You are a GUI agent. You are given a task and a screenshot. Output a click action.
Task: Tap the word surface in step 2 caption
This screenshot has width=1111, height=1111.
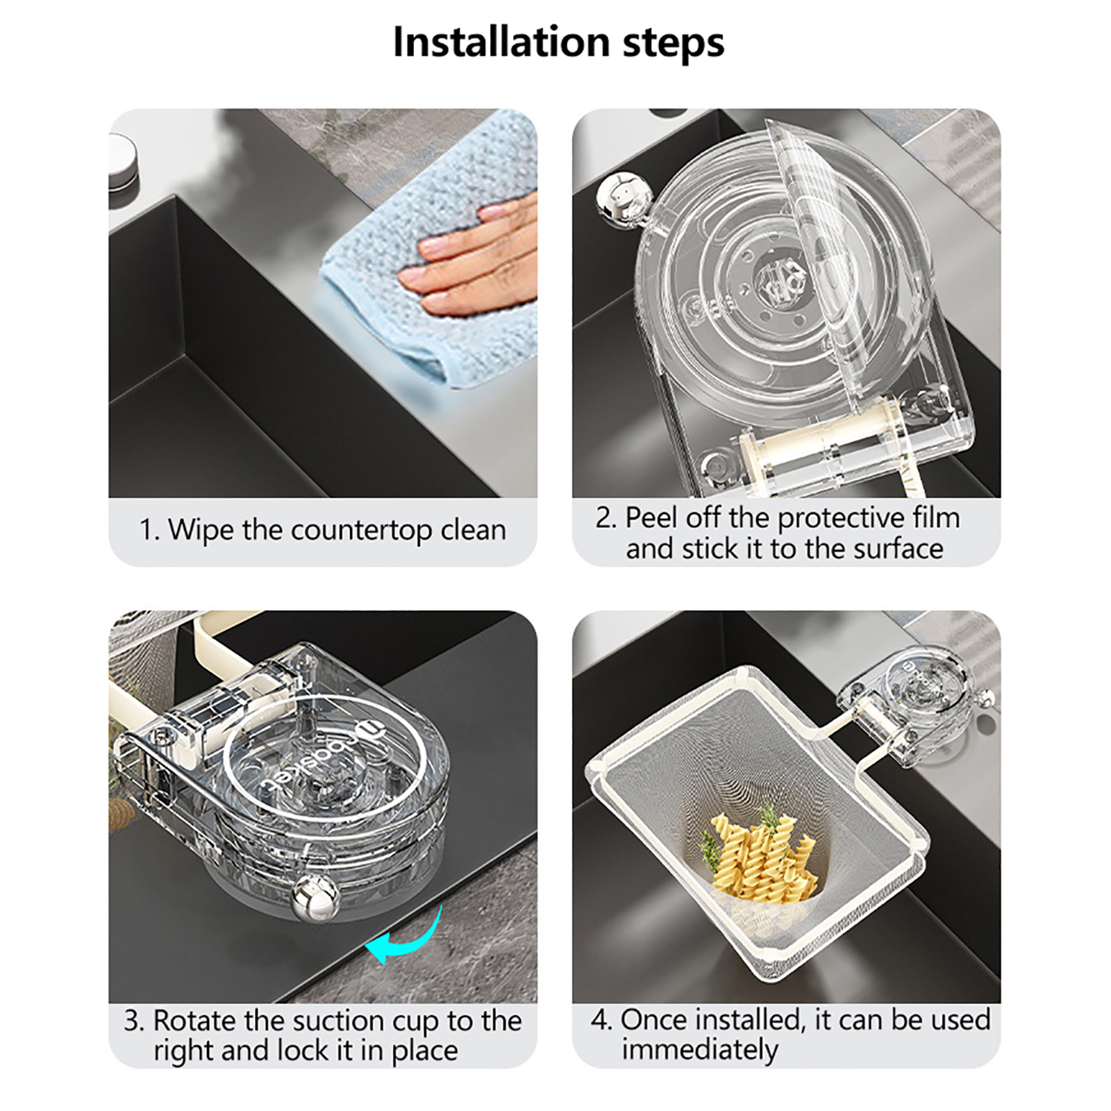(898, 550)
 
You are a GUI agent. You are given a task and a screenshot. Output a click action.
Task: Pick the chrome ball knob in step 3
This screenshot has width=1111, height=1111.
(316, 899)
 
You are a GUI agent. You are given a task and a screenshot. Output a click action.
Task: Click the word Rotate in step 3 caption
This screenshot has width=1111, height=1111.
(194, 1021)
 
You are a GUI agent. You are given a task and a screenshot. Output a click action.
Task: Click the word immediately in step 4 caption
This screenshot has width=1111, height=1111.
(701, 1050)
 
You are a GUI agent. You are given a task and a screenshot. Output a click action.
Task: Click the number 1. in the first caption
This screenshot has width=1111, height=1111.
(149, 531)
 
